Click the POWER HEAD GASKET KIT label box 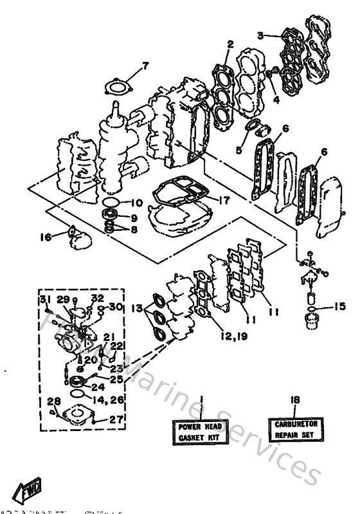(199, 432)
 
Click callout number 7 (145, 65)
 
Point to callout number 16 (45, 237)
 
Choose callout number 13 (138, 309)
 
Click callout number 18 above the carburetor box (295, 399)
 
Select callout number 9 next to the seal (134, 217)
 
